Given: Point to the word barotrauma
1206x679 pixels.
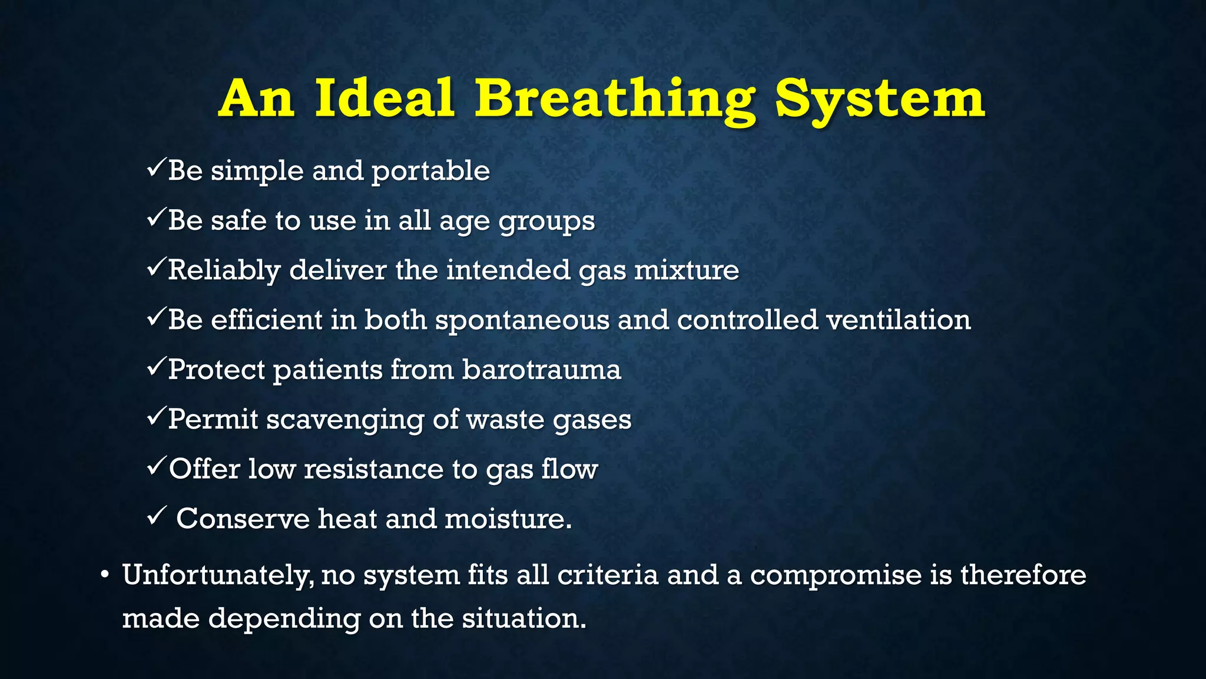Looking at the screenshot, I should (x=541, y=370).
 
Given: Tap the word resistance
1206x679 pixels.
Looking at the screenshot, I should (x=374, y=470).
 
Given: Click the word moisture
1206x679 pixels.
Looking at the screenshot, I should (x=508, y=519).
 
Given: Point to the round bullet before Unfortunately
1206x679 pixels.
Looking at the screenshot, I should (x=105, y=575).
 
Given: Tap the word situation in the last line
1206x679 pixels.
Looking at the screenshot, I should (x=524, y=619).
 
